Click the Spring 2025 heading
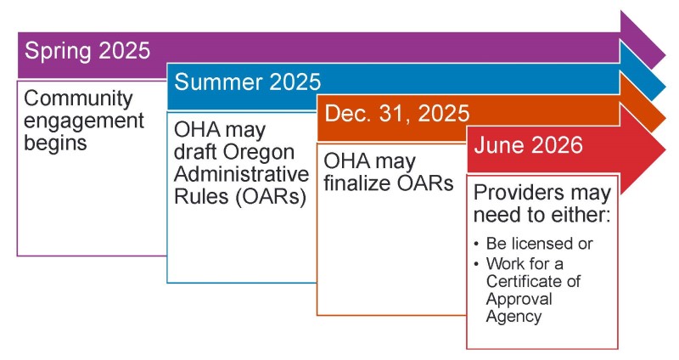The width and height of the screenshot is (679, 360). pyautogui.click(x=87, y=51)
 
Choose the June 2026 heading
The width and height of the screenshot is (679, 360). pyautogui.click(x=528, y=145)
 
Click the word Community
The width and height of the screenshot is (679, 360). pyautogui.click(x=78, y=99)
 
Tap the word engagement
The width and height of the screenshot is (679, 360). pyautogui.click(x=83, y=121)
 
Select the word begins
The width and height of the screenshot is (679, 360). pyautogui.click(x=55, y=142)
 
